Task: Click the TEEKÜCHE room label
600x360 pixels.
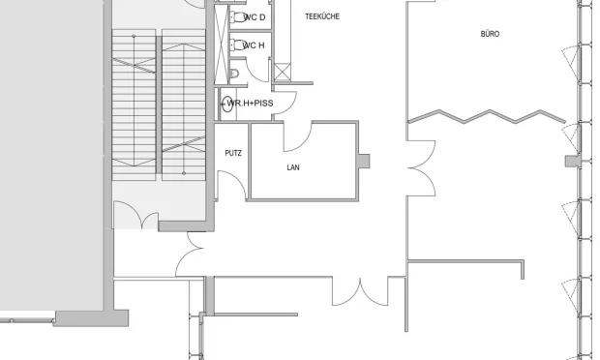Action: (x=322, y=16)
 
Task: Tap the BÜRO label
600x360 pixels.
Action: (x=490, y=34)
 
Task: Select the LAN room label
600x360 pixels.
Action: (x=293, y=167)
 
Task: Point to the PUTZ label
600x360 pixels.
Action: (x=233, y=153)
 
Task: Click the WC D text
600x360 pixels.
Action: (x=255, y=17)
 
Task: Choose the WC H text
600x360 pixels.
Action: (x=254, y=45)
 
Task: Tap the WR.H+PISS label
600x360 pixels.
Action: (x=251, y=104)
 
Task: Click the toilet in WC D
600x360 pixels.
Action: (x=238, y=17)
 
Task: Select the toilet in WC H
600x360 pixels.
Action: (x=238, y=45)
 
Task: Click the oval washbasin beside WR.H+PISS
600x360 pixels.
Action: (x=227, y=104)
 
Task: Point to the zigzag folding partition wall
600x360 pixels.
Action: (x=487, y=117)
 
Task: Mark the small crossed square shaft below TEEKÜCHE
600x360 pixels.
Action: (x=283, y=72)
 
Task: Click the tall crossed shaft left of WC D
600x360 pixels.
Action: (x=221, y=45)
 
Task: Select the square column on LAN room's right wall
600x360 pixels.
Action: (x=364, y=161)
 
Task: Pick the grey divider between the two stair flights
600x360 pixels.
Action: (x=159, y=105)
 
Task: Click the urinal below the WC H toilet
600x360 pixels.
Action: (x=234, y=74)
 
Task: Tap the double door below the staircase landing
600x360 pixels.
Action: (x=136, y=215)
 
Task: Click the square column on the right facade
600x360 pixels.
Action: (x=572, y=161)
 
